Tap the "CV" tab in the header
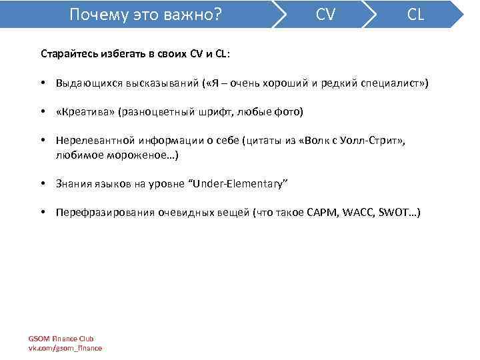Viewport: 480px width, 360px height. [x=325, y=14]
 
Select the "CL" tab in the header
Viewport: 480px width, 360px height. [x=415, y=14]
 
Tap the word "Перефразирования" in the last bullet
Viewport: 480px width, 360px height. [x=105, y=213]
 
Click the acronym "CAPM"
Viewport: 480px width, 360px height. [x=323, y=213]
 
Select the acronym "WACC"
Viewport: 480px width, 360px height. [x=359, y=213]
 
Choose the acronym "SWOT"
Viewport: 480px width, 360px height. [x=392, y=213]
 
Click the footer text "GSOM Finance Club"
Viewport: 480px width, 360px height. [x=61, y=339]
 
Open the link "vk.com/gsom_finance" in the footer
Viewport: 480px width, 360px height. [x=65, y=348]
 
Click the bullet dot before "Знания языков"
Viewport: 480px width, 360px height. [x=43, y=184]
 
